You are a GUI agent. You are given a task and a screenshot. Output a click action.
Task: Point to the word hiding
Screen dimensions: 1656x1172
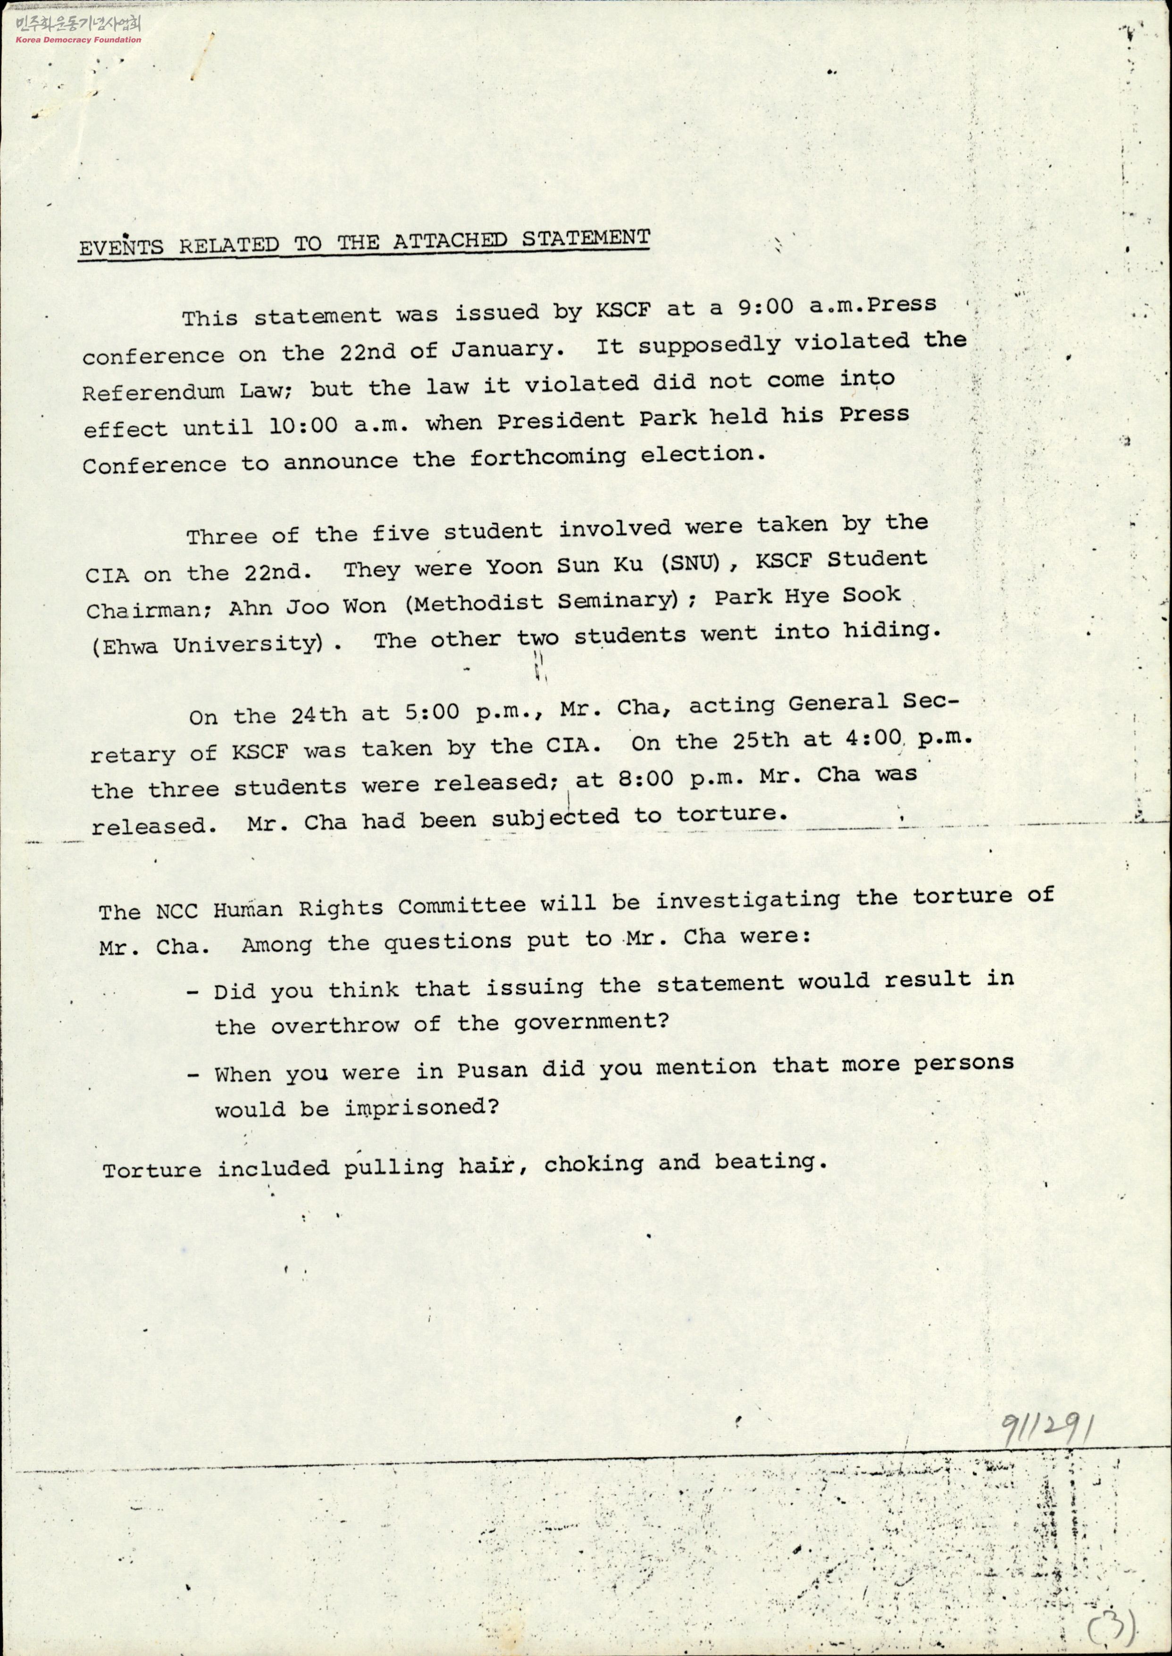pyautogui.click(x=898, y=631)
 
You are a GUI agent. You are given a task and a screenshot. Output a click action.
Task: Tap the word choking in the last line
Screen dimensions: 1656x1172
pyautogui.click(x=593, y=1164)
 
